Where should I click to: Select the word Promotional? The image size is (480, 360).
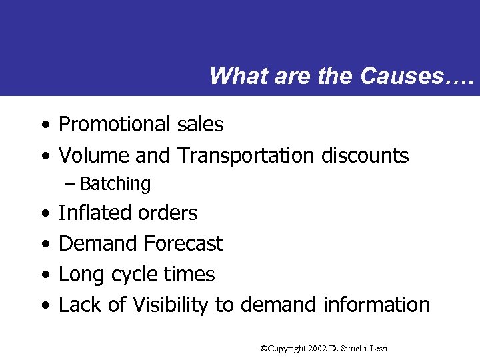click(115, 124)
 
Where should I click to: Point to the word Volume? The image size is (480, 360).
click(94, 155)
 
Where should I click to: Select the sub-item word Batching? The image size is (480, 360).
click(115, 184)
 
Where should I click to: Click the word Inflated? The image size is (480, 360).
click(93, 213)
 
